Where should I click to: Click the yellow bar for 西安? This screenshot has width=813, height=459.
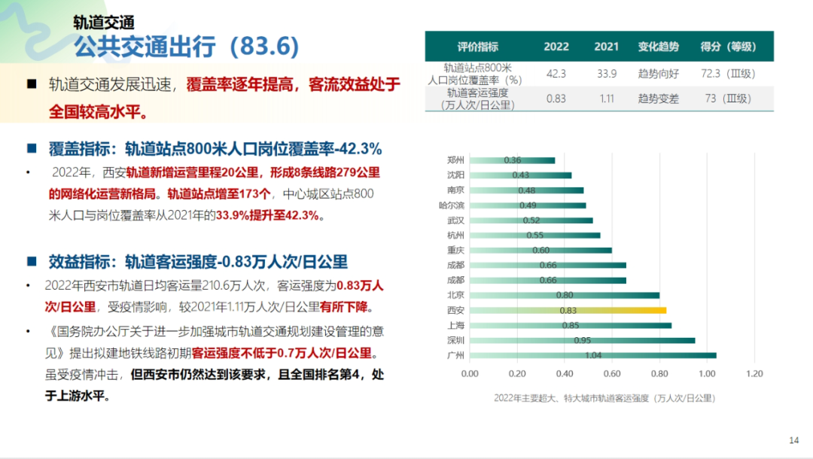tap(568, 310)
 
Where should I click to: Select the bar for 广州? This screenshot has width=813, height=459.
tap(592, 355)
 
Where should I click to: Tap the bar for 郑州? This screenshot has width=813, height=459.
tap(512, 160)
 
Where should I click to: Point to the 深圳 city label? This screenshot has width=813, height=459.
tap(455, 340)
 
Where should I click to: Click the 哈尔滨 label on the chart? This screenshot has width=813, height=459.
tap(451, 205)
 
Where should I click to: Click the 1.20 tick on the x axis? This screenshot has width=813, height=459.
tap(754, 373)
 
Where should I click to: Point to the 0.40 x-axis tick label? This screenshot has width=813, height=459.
tap(565, 373)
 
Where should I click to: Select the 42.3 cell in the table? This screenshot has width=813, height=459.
tap(556, 73)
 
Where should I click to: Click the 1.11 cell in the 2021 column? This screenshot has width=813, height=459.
tap(606, 99)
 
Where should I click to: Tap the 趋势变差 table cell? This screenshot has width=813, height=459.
tap(658, 99)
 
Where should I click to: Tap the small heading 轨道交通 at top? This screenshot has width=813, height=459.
tap(105, 22)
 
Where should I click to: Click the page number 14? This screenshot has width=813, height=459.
tap(793, 440)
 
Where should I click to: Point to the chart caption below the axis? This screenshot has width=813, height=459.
tap(604, 397)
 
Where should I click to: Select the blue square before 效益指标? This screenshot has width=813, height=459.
tap(32, 261)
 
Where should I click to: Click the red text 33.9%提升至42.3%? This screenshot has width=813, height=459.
tap(269, 216)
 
